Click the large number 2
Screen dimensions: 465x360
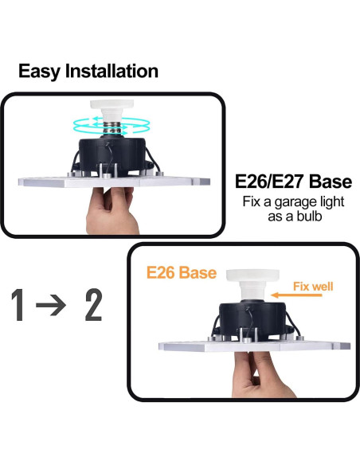point(93,307)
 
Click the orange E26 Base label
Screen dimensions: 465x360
point(180,273)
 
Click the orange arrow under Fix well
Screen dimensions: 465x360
point(299,297)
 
